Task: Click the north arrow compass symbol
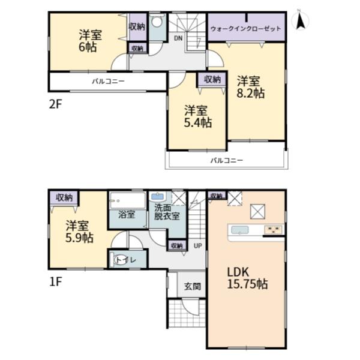click(x=300, y=20)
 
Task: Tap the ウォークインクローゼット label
click(x=245, y=29)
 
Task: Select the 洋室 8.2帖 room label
click(x=250, y=87)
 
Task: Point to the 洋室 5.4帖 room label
click(x=197, y=116)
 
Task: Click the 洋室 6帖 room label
click(x=90, y=41)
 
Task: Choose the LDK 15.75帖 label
click(x=247, y=278)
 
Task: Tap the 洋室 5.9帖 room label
click(x=79, y=232)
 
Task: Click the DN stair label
click(x=178, y=38)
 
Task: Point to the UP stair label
click(x=197, y=246)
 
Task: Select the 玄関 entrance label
click(x=193, y=286)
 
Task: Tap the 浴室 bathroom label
click(x=127, y=214)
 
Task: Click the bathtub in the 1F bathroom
click(x=128, y=200)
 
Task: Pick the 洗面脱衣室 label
click(x=166, y=212)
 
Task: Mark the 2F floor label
click(x=56, y=104)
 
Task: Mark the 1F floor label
click(x=56, y=282)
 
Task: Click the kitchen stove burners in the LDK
click(x=273, y=230)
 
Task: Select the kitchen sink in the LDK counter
click(x=240, y=230)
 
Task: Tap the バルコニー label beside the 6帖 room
click(x=108, y=81)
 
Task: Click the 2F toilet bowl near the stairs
click(x=157, y=23)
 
